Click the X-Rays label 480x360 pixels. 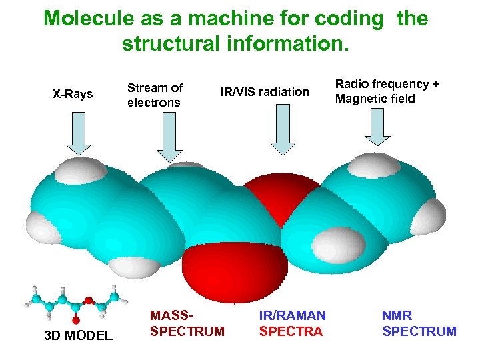(x=73, y=94)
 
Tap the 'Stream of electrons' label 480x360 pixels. (x=155, y=95)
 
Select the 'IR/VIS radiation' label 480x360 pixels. (x=265, y=92)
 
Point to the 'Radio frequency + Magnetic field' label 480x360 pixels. (x=387, y=91)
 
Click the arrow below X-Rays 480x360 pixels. (x=79, y=133)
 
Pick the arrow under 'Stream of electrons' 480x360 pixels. (x=169, y=137)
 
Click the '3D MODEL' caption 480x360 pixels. (x=78, y=335)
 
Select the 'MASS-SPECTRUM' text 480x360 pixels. (x=187, y=323)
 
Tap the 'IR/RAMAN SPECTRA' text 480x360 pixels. (x=292, y=323)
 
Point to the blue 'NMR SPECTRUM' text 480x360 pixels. (x=419, y=323)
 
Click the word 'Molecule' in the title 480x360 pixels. (x=89, y=18)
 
